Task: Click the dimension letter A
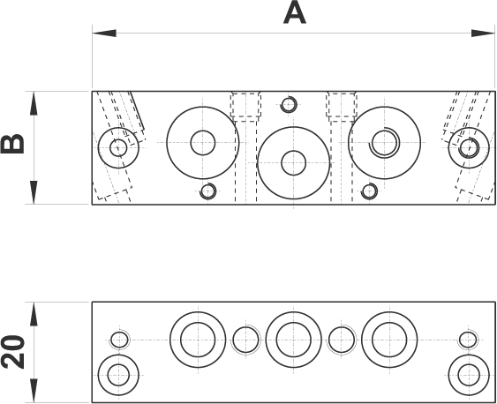coord(295,14)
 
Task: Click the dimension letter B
coord(12,144)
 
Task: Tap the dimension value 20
coord(12,352)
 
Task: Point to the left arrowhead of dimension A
coord(104,34)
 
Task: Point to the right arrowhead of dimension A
coord(483,34)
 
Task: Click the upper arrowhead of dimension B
coord(34,103)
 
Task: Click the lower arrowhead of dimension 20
coord(34,391)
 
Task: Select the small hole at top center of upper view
coord(289,104)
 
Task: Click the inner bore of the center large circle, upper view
coord(293,163)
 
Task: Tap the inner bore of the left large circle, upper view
coord(203,143)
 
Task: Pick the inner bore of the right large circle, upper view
coord(385,143)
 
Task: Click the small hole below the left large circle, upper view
coord(208,191)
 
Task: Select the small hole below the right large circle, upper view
coord(369,191)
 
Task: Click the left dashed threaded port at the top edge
coord(246,107)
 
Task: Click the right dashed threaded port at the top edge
coord(342,107)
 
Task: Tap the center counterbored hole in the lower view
coord(293,340)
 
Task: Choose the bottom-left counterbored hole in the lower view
coord(118,375)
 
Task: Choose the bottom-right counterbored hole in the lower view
coord(469,375)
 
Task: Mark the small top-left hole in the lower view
coord(119,340)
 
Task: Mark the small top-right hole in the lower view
coord(468,340)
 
